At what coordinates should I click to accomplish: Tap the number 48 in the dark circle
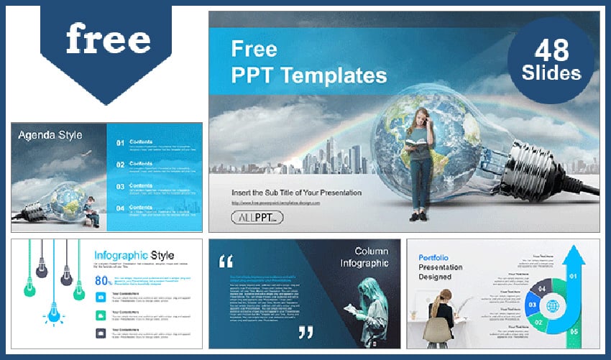(x=551, y=50)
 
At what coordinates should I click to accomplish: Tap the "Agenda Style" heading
(x=50, y=134)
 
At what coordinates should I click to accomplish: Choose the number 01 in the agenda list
(x=121, y=143)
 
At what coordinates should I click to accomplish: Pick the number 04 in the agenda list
(x=121, y=208)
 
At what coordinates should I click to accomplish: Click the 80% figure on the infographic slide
(x=102, y=280)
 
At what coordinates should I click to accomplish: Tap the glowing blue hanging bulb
(x=53, y=310)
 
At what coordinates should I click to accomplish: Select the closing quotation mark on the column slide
(x=305, y=331)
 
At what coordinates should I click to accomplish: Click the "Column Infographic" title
(x=371, y=257)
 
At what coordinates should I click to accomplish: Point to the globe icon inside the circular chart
(x=552, y=305)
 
